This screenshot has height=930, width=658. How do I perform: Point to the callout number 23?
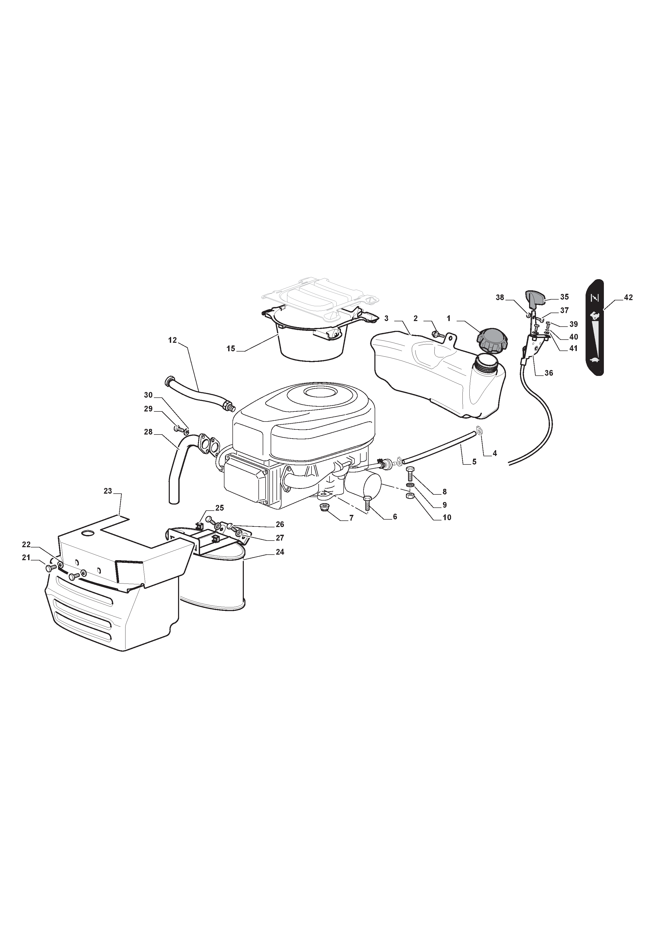pyautogui.click(x=107, y=491)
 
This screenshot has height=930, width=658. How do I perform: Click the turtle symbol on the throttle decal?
pyautogui.click(x=595, y=360)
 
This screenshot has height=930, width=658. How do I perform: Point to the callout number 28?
pyautogui.click(x=148, y=432)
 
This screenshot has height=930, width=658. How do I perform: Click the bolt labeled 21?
pyautogui.click(x=50, y=568)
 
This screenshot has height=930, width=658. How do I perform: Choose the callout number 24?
pyautogui.click(x=279, y=552)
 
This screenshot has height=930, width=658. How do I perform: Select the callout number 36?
pyautogui.click(x=548, y=373)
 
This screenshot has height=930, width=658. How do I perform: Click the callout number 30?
pyautogui.click(x=148, y=395)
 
